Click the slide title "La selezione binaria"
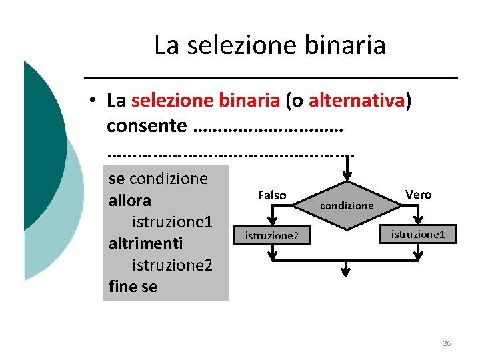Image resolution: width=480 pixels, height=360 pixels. pos(269,45)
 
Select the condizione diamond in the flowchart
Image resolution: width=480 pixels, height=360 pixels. pos(347,205)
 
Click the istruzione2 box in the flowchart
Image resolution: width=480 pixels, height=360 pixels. pos(272,236)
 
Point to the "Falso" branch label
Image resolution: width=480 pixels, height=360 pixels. pos(271,195)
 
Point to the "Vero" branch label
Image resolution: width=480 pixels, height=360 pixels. pos(418,195)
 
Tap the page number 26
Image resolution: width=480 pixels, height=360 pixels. pos(447,343)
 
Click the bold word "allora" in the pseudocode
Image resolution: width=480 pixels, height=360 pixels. pos(129,201)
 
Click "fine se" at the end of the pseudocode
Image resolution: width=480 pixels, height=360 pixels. pos(133,287)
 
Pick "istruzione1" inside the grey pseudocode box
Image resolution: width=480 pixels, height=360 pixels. pos(172,221)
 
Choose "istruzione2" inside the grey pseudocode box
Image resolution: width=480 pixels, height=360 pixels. pos(172,265)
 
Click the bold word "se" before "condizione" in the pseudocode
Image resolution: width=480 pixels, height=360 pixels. pos(116,179)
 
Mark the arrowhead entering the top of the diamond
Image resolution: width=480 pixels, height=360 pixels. pos(347,177)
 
